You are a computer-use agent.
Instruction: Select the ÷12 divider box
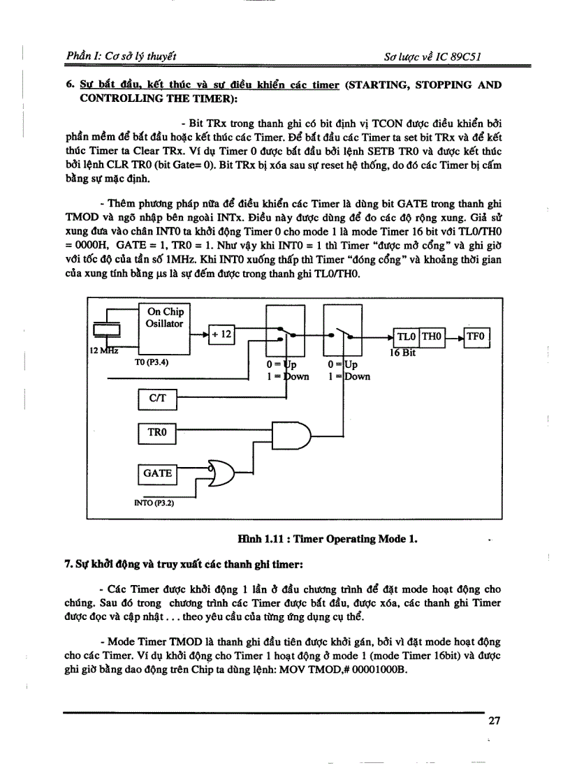point(222,334)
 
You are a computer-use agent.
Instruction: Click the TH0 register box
point(431,337)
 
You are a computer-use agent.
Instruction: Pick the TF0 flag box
point(476,337)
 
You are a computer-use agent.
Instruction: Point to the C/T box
point(157,399)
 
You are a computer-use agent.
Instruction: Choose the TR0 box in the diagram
point(157,434)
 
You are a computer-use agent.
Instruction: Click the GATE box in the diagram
point(157,473)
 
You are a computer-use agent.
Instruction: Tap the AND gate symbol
point(290,434)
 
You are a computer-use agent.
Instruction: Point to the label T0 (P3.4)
point(152,363)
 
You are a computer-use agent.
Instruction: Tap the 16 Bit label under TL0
point(402,353)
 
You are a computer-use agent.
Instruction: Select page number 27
point(494,721)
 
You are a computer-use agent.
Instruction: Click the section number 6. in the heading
point(70,85)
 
